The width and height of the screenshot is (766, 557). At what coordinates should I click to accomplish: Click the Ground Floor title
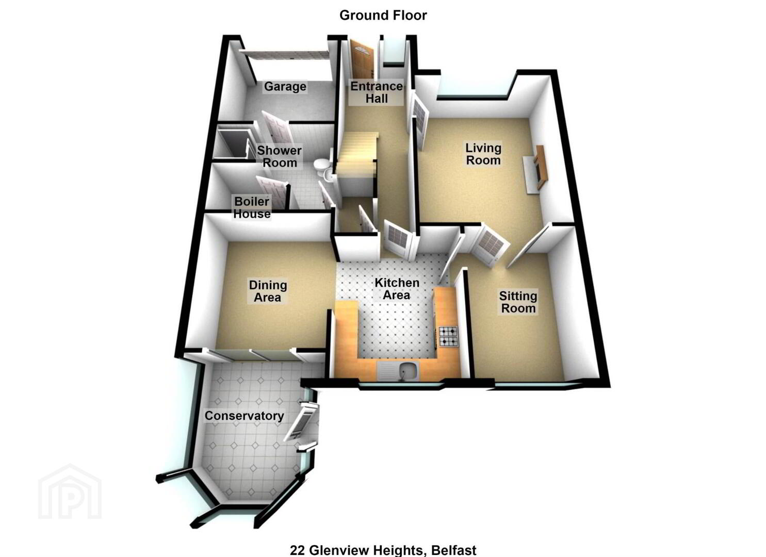[383, 15]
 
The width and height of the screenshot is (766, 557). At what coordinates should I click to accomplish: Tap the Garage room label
[285, 87]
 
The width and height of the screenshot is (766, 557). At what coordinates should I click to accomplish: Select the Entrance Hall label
[377, 92]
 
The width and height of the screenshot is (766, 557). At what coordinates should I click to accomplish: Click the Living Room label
[483, 154]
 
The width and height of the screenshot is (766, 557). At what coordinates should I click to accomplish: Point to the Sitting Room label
[518, 302]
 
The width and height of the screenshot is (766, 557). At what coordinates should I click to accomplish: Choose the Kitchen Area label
[397, 289]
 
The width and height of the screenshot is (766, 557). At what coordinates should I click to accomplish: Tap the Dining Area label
[268, 291]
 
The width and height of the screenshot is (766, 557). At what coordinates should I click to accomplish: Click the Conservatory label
[244, 416]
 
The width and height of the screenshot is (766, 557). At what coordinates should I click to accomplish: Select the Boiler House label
[252, 207]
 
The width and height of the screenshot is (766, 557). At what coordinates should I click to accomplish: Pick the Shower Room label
[279, 157]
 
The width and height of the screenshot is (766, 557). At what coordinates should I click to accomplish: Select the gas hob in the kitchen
[448, 337]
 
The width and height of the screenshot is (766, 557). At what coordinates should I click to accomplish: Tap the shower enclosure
[233, 143]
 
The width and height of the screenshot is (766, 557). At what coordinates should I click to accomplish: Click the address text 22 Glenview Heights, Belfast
[383, 550]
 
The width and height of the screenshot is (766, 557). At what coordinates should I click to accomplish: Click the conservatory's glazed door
[301, 421]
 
